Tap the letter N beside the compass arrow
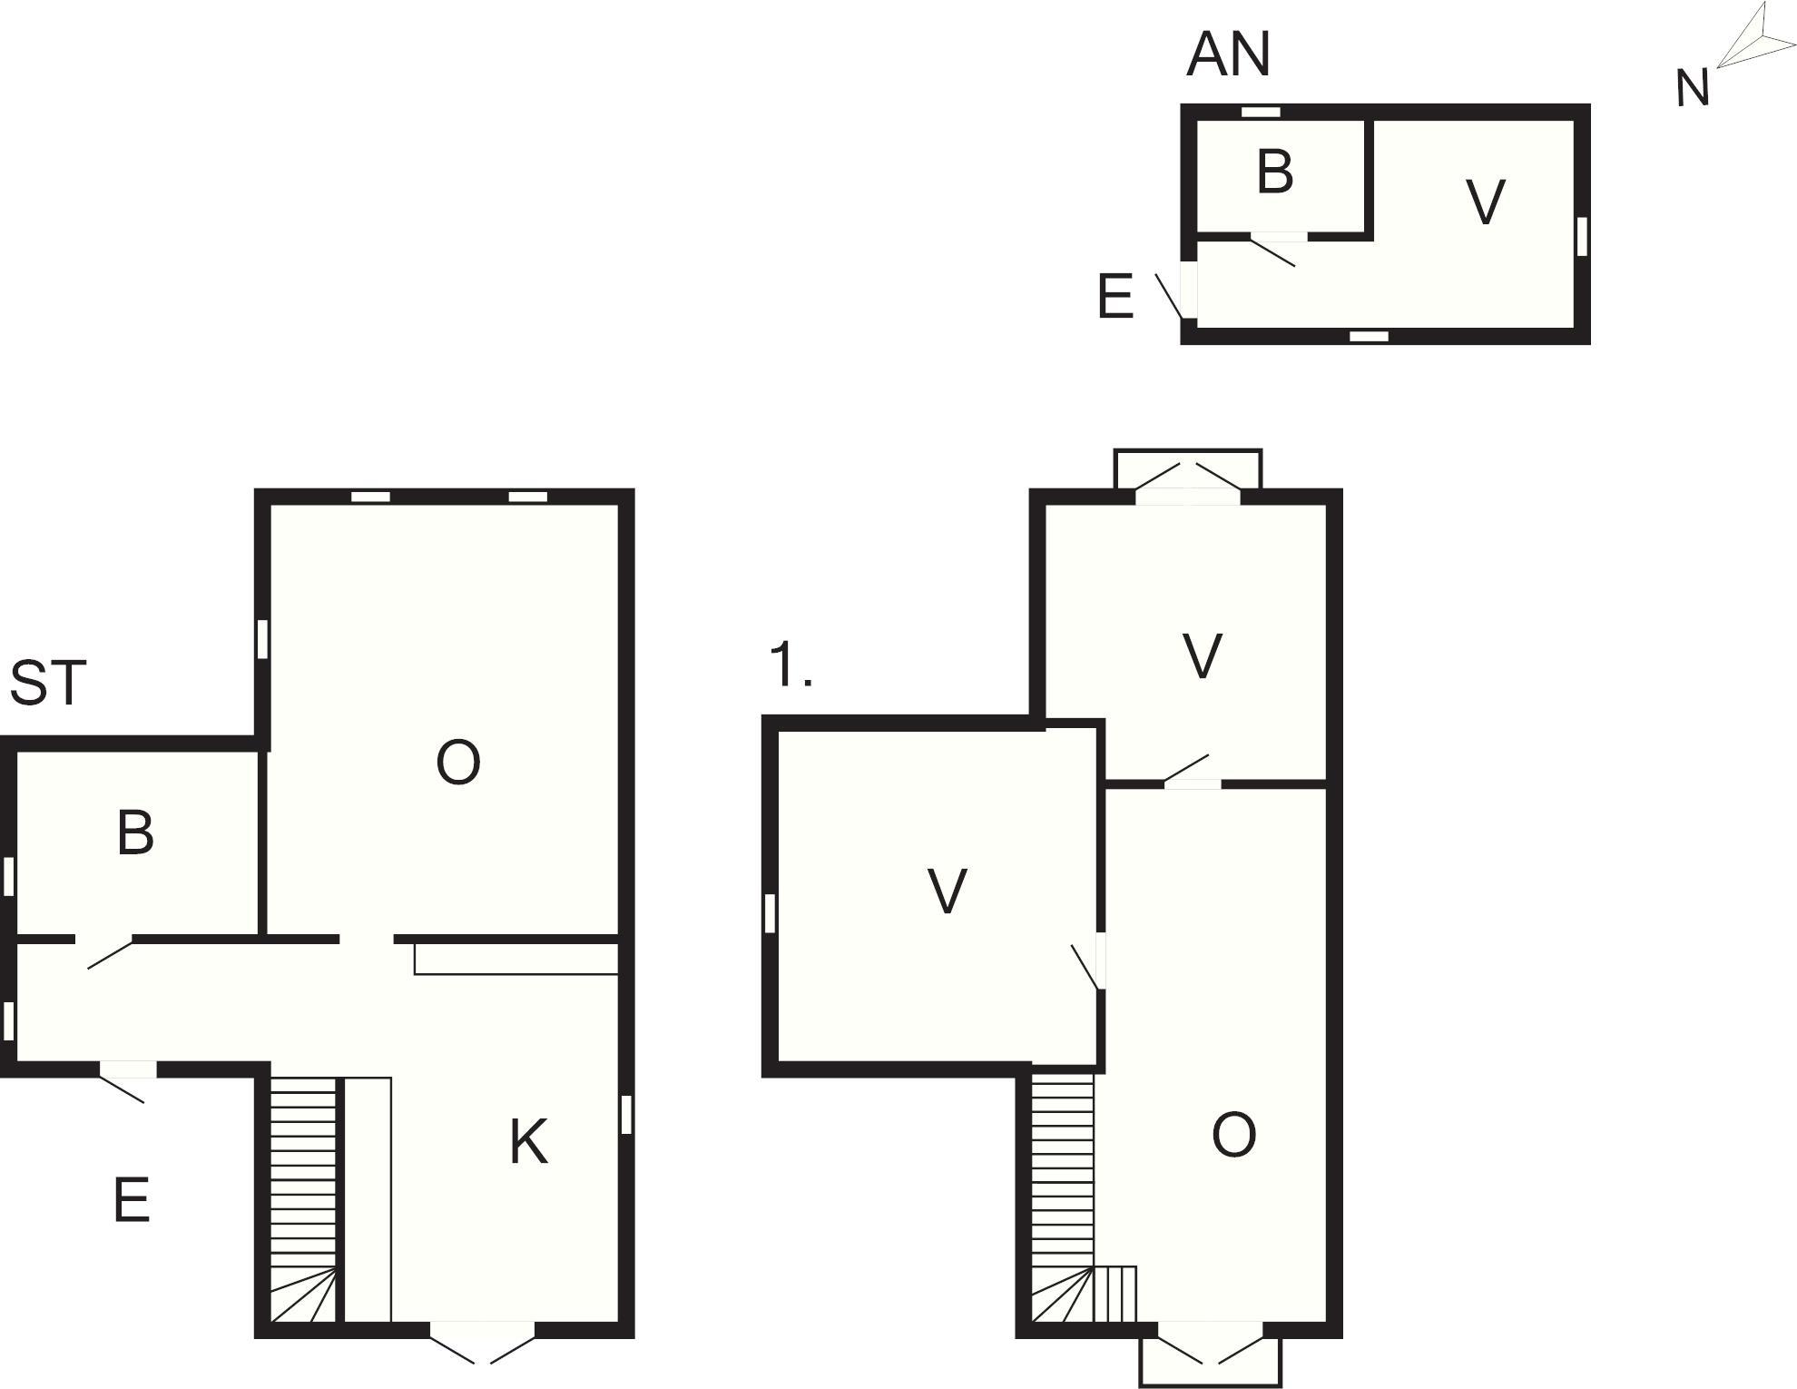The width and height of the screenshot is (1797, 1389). tap(1692, 89)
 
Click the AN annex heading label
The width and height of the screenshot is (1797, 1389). tap(1228, 54)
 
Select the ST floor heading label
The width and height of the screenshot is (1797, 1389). tap(48, 683)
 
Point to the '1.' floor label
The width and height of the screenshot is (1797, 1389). tap(790, 664)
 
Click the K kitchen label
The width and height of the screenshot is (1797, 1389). tap(528, 1141)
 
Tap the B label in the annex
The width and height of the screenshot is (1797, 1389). tap(1274, 171)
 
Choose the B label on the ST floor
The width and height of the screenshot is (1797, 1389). tap(135, 832)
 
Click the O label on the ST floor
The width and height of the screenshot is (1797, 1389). tap(457, 763)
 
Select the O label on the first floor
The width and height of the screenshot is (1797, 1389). tap(1234, 1135)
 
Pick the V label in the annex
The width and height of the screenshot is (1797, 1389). tap(1486, 202)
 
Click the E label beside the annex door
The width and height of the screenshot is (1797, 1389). tap(1115, 296)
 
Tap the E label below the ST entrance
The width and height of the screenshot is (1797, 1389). tap(132, 1200)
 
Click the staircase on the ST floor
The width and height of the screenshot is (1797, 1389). tap(304, 1199)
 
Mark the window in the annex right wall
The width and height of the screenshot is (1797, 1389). tap(1582, 236)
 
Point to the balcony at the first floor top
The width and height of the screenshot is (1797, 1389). tap(1188, 469)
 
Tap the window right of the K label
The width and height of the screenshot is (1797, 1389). tap(625, 1115)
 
